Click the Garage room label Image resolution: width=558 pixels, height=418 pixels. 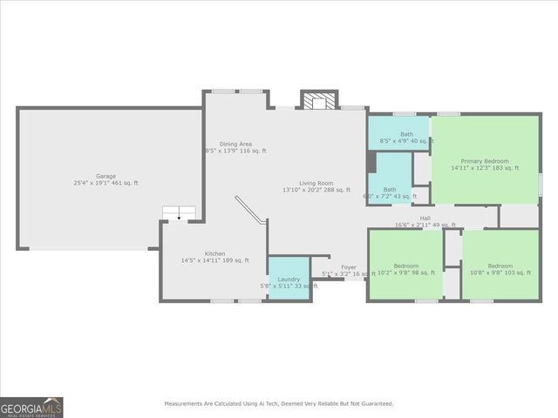click(106, 176)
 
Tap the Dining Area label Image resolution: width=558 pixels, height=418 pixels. click(235, 144)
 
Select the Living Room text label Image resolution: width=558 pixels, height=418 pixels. click(316, 183)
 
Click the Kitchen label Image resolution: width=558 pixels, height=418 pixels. click(214, 253)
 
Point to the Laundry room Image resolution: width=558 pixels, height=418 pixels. click(289, 280)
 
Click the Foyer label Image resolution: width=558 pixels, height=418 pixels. click(348, 267)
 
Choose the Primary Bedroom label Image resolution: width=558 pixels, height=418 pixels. click(484, 161)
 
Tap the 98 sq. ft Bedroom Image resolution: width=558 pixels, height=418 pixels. click(405, 266)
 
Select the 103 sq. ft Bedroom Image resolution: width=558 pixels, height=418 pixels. click(500, 266)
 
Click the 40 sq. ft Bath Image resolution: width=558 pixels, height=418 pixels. click(406, 135)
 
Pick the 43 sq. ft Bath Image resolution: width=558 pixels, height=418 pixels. click(389, 190)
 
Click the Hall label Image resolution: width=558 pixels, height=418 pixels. click(425, 219)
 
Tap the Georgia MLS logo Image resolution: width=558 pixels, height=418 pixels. click(31, 408)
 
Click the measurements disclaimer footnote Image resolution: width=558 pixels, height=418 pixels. click(279, 403)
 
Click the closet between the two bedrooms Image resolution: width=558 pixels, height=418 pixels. click(453, 248)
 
